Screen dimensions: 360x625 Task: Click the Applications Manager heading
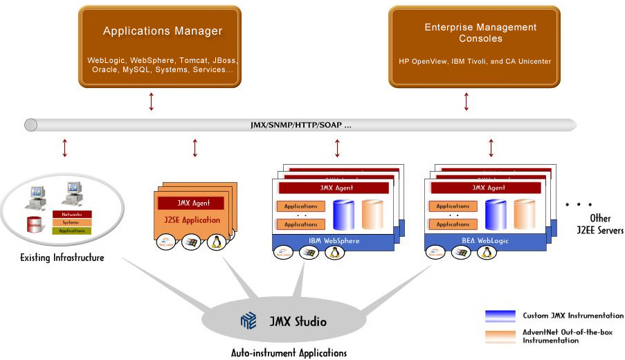coord(163,31)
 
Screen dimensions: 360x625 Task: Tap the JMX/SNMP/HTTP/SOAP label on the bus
coord(300,126)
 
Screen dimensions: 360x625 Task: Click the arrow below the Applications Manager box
coord(152,101)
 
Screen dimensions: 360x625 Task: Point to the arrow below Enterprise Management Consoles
coord(467,101)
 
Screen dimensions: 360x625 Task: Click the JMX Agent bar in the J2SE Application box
coord(190,204)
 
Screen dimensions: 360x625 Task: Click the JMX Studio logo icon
coord(248,321)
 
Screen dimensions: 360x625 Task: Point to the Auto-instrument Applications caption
coord(289,353)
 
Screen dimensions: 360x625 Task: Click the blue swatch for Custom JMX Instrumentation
coord(500,316)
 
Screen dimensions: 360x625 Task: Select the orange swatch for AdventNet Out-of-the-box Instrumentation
coord(500,336)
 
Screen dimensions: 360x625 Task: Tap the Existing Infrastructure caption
coord(62,258)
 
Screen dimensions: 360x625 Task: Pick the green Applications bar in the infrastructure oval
coord(71,231)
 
